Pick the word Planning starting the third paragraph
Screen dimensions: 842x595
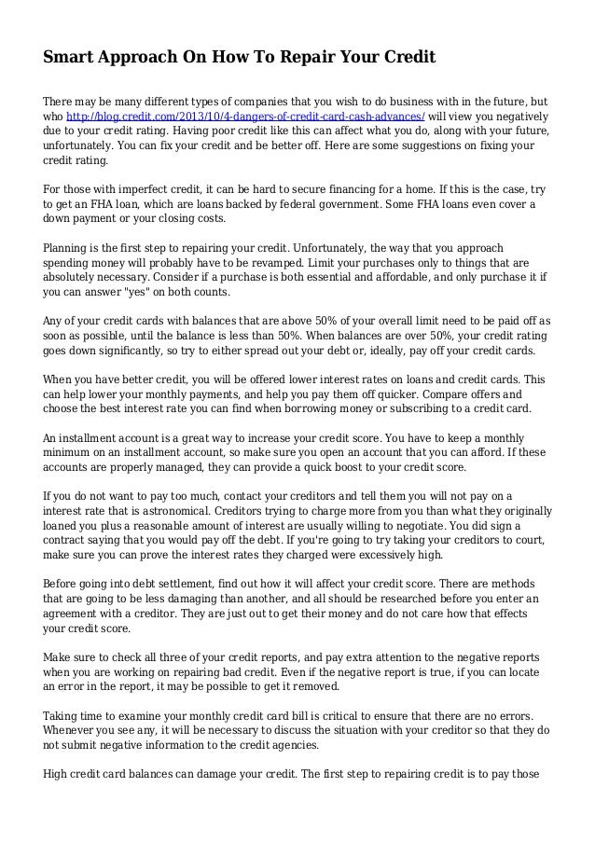(x=70, y=248)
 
